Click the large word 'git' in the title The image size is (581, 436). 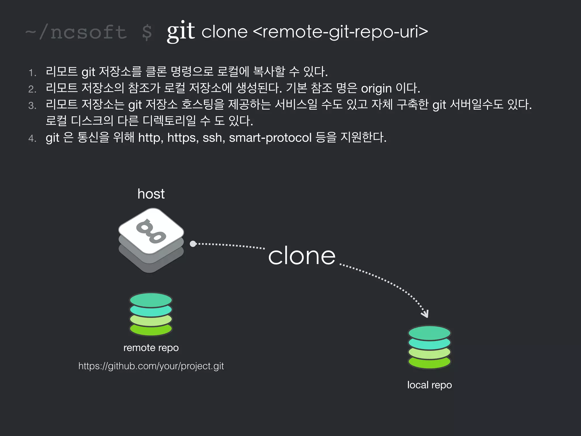click(x=180, y=31)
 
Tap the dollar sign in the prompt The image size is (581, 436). click(x=147, y=32)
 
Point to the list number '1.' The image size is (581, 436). click(x=32, y=73)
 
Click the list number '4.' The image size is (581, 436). click(x=32, y=139)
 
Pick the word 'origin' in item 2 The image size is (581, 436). click(x=376, y=89)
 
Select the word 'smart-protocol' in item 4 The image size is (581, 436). click(x=270, y=138)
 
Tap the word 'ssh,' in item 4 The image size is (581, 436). click(x=214, y=138)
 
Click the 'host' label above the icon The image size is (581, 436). click(x=151, y=194)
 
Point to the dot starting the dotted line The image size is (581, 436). click(x=193, y=244)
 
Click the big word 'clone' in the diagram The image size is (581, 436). click(x=302, y=256)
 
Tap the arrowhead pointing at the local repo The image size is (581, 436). click(x=425, y=314)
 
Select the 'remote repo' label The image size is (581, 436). click(x=151, y=348)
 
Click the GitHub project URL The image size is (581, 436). click(x=151, y=366)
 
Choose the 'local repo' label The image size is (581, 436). click(x=429, y=385)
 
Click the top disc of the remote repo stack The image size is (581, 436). click(x=151, y=300)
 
